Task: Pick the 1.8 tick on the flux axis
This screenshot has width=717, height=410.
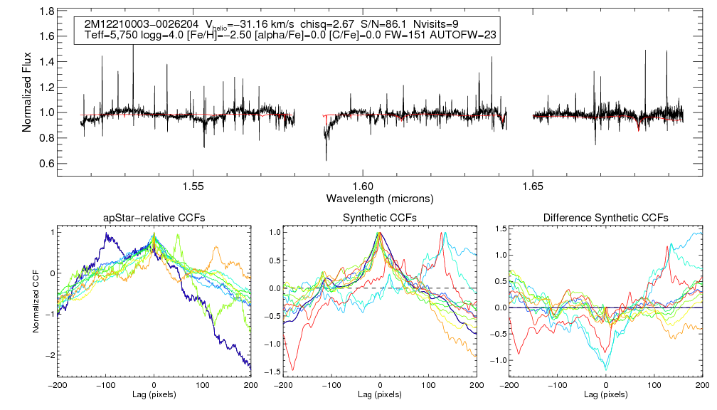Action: pos(48,12)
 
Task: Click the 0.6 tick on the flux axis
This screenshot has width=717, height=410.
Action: pos(48,164)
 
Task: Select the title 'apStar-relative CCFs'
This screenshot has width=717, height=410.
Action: pos(154,218)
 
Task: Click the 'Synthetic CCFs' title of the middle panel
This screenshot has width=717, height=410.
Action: pos(380,218)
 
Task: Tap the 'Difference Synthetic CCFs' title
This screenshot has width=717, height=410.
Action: pos(605,218)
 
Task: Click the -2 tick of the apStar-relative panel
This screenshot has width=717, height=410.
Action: pos(48,355)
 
